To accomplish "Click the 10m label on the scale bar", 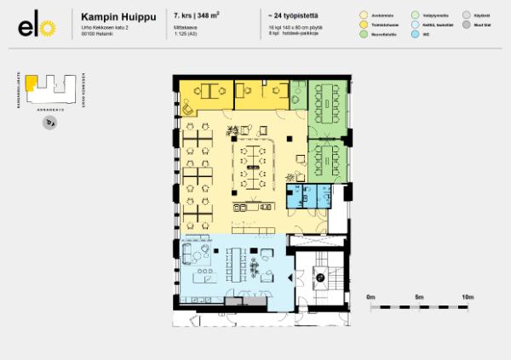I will click(x=467, y=297).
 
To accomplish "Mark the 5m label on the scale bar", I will click(x=418, y=297).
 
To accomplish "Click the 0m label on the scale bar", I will click(x=370, y=297).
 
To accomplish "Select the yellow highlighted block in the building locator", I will click(x=31, y=82).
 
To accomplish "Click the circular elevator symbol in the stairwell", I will click(x=321, y=275).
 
